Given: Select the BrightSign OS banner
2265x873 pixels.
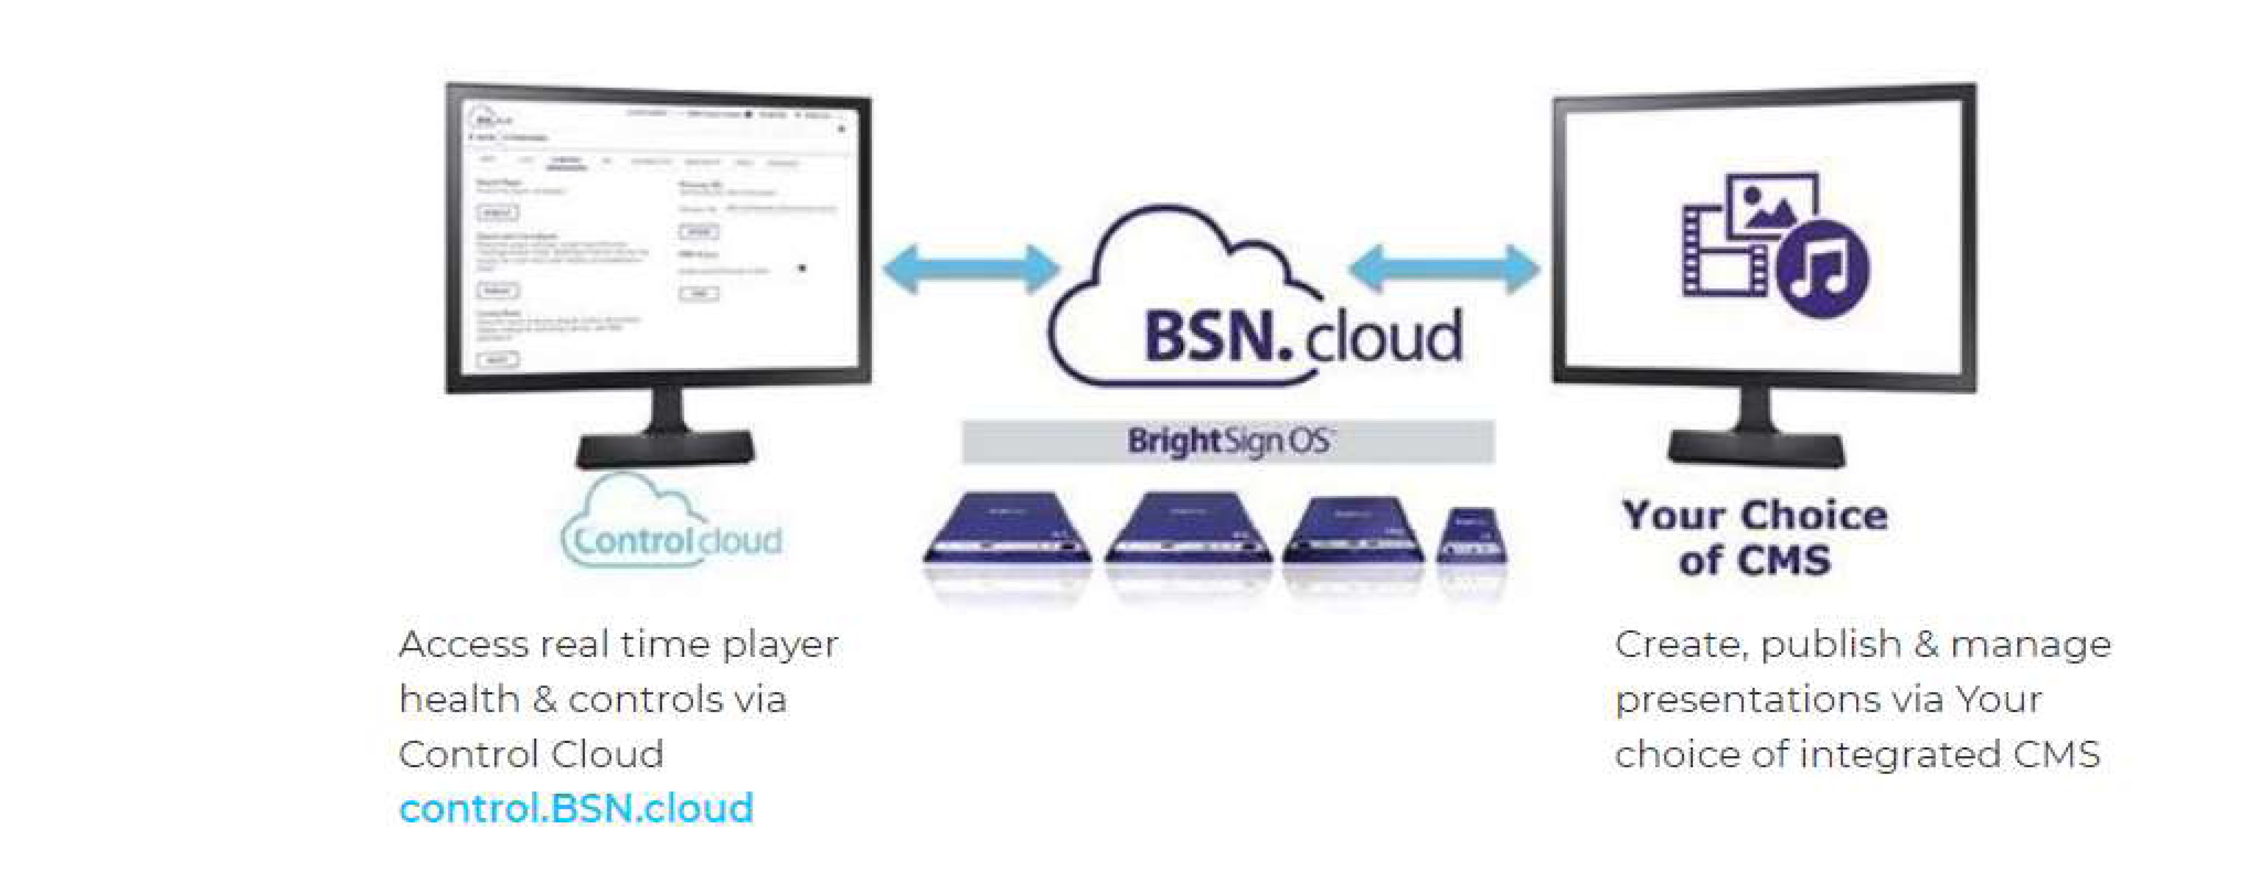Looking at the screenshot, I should tap(1227, 442).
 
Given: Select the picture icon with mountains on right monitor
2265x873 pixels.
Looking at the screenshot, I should tap(1771, 206).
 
